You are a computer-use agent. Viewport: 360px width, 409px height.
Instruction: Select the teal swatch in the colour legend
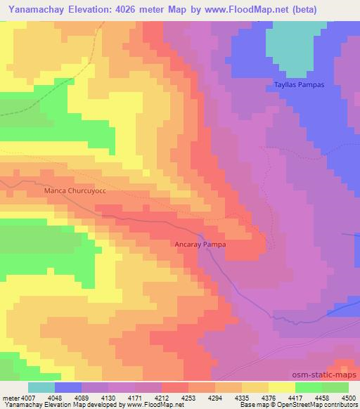41,387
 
